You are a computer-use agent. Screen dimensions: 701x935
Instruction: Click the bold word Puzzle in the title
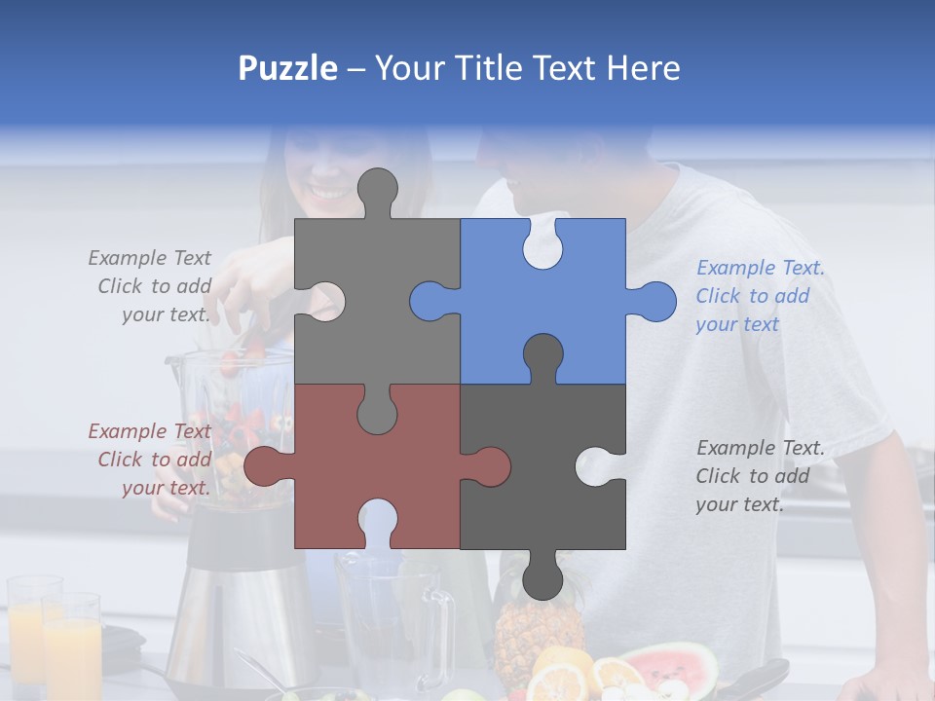pos(287,68)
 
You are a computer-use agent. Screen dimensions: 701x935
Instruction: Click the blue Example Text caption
pos(760,296)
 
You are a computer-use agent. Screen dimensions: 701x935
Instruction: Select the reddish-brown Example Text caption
pos(151,460)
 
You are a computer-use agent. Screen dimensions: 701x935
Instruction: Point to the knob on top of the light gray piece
pos(378,188)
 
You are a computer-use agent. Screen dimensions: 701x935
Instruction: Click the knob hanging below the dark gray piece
pos(542,579)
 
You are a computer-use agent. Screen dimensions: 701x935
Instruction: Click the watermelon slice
pos(672,666)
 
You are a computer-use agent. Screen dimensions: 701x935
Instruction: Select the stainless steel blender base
pos(234,604)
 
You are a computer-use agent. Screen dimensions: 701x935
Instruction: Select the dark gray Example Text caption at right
pos(760,476)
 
